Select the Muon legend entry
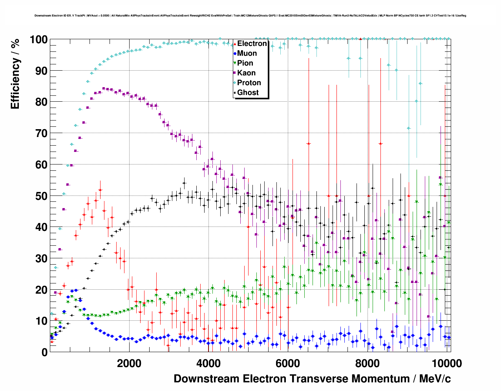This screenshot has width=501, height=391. pyautogui.click(x=247, y=53)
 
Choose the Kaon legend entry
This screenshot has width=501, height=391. pyautogui.click(x=246, y=73)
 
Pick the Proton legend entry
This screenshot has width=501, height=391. pyautogui.click(x=249, y=83)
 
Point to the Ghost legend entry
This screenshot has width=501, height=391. pyautogui.click(x=248, y=93)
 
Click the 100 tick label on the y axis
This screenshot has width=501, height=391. pyautogui.click(x=38, y=40)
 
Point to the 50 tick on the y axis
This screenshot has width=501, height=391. pyautogui.click(x=42, y=196)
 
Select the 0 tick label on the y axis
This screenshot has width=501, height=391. pyautogui.click(x=44, y=352)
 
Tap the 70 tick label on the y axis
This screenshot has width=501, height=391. pyautogui.click(x=42, y=133)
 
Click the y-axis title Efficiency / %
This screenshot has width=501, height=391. pyautogui.click(x=15, y=74)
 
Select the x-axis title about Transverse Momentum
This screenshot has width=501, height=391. pyautogui.click(x=312, y=379)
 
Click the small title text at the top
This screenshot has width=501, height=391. pyautogui.click(x=250, y=16)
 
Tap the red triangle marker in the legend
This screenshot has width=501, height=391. pyautogui.click(x=235, y=44)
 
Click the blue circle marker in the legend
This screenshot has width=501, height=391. pyautogui.click(x=235, y=53)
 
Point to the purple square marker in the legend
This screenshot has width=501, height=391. pyautogui.click(x=235, y=73)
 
